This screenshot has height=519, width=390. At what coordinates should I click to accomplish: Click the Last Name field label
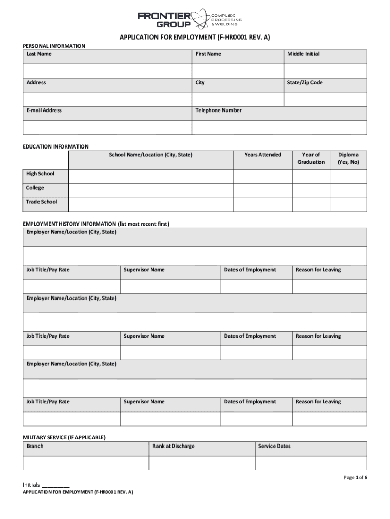click(39, 54)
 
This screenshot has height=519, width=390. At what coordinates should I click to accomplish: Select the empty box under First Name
click(238, 71)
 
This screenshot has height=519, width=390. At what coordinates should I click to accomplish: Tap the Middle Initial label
click(303, 54)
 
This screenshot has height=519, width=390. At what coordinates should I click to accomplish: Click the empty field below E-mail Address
click(107, 127)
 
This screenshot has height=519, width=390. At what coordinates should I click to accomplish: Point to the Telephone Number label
click(218, 110)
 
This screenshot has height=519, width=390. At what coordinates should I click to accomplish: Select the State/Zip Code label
click(304, 82)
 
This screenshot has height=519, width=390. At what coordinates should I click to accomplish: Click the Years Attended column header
click(262, 155)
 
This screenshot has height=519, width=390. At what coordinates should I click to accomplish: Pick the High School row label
click(40, 174)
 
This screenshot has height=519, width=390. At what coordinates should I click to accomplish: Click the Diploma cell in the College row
click(348, 191)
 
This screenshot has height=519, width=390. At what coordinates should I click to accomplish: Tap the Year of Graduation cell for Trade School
click(311, 204)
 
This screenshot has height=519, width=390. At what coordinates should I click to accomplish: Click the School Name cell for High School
click(150, 176)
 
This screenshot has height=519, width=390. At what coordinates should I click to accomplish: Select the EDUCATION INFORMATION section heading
click(56, 146)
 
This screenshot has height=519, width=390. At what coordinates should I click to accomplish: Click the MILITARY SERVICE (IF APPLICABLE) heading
click(64, 437)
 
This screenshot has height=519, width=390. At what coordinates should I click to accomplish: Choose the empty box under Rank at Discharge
click(202, 463)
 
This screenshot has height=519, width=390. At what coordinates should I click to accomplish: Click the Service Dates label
click(274, 446)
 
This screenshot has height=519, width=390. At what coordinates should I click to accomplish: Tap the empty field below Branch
click(86, 463)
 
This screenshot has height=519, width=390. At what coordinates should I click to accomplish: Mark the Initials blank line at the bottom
click(55, 485)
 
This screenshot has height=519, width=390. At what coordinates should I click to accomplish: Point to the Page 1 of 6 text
click(355, 477)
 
